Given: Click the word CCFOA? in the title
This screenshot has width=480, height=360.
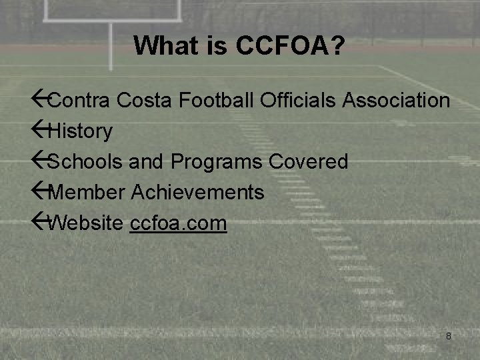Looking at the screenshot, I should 290,46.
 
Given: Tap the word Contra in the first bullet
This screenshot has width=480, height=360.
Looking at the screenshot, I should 79,101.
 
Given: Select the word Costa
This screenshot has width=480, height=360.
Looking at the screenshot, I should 145,101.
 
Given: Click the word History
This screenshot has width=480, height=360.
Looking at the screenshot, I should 81,131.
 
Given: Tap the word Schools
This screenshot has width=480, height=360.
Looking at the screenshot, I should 83,162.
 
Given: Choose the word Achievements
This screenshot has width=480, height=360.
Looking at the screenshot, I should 198,193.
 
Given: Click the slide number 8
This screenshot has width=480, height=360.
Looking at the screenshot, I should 449,336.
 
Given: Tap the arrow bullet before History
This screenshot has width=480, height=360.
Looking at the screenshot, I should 40,130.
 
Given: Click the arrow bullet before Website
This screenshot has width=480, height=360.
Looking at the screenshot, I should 40,222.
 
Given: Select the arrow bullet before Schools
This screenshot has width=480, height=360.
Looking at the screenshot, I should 40,161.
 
